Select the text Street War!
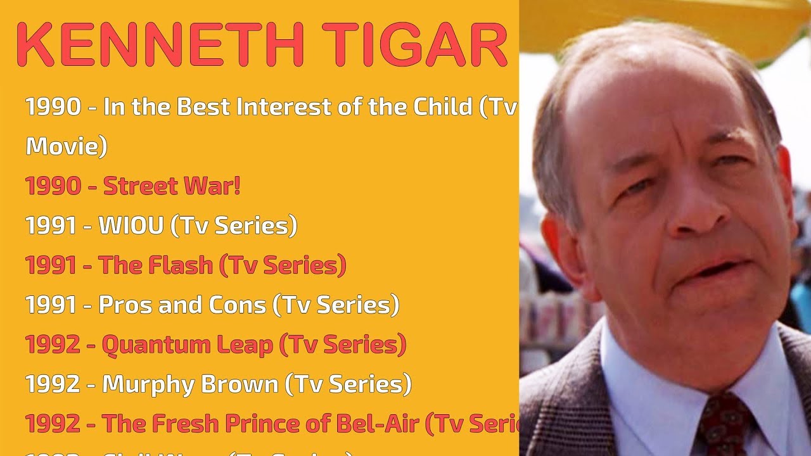(172, 186)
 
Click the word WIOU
(131, 225)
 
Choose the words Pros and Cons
(182, 305)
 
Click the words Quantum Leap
(187, 345)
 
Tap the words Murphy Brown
(189, 384)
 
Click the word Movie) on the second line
(67, 147)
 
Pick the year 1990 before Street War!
(53, 186)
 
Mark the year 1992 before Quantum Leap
(53, 345)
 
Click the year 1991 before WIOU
(53, 225)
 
